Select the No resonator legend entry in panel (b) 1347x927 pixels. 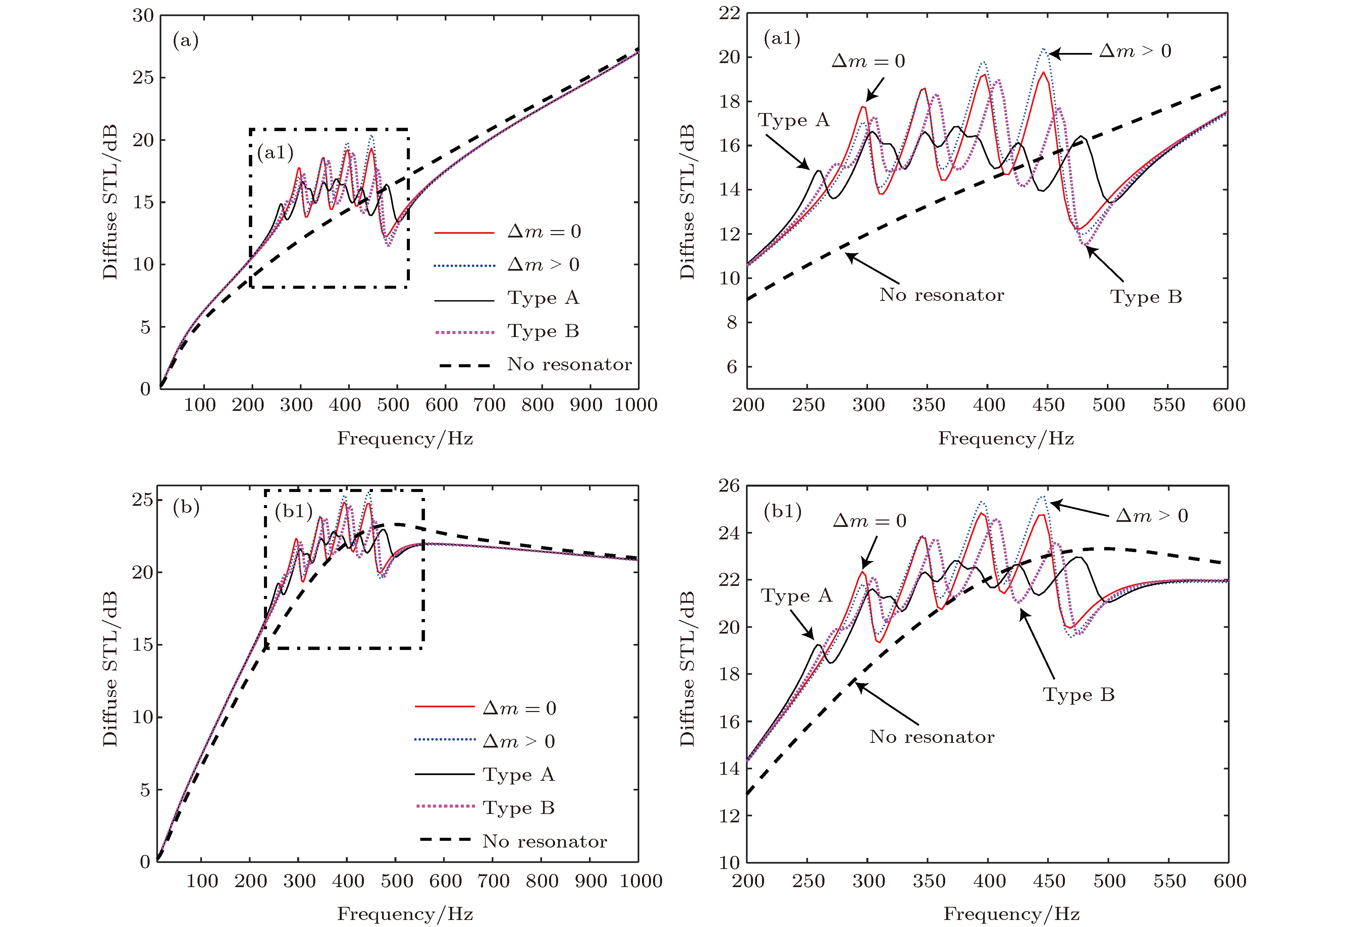pos(544,841)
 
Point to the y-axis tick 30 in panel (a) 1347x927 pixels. pos(143,16)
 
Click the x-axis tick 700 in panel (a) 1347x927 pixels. pos(489,405)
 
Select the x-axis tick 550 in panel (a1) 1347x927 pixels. pos(1169,405)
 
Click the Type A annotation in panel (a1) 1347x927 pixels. pos(794,120)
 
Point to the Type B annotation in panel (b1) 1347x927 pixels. pos(1079,695)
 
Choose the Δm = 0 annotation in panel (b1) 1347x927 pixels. pos(869,521)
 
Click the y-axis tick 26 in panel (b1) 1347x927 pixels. pos(730,486)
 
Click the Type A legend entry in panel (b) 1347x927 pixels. pos(518,775)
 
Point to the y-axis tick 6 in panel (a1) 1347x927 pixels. pos(732,367)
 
